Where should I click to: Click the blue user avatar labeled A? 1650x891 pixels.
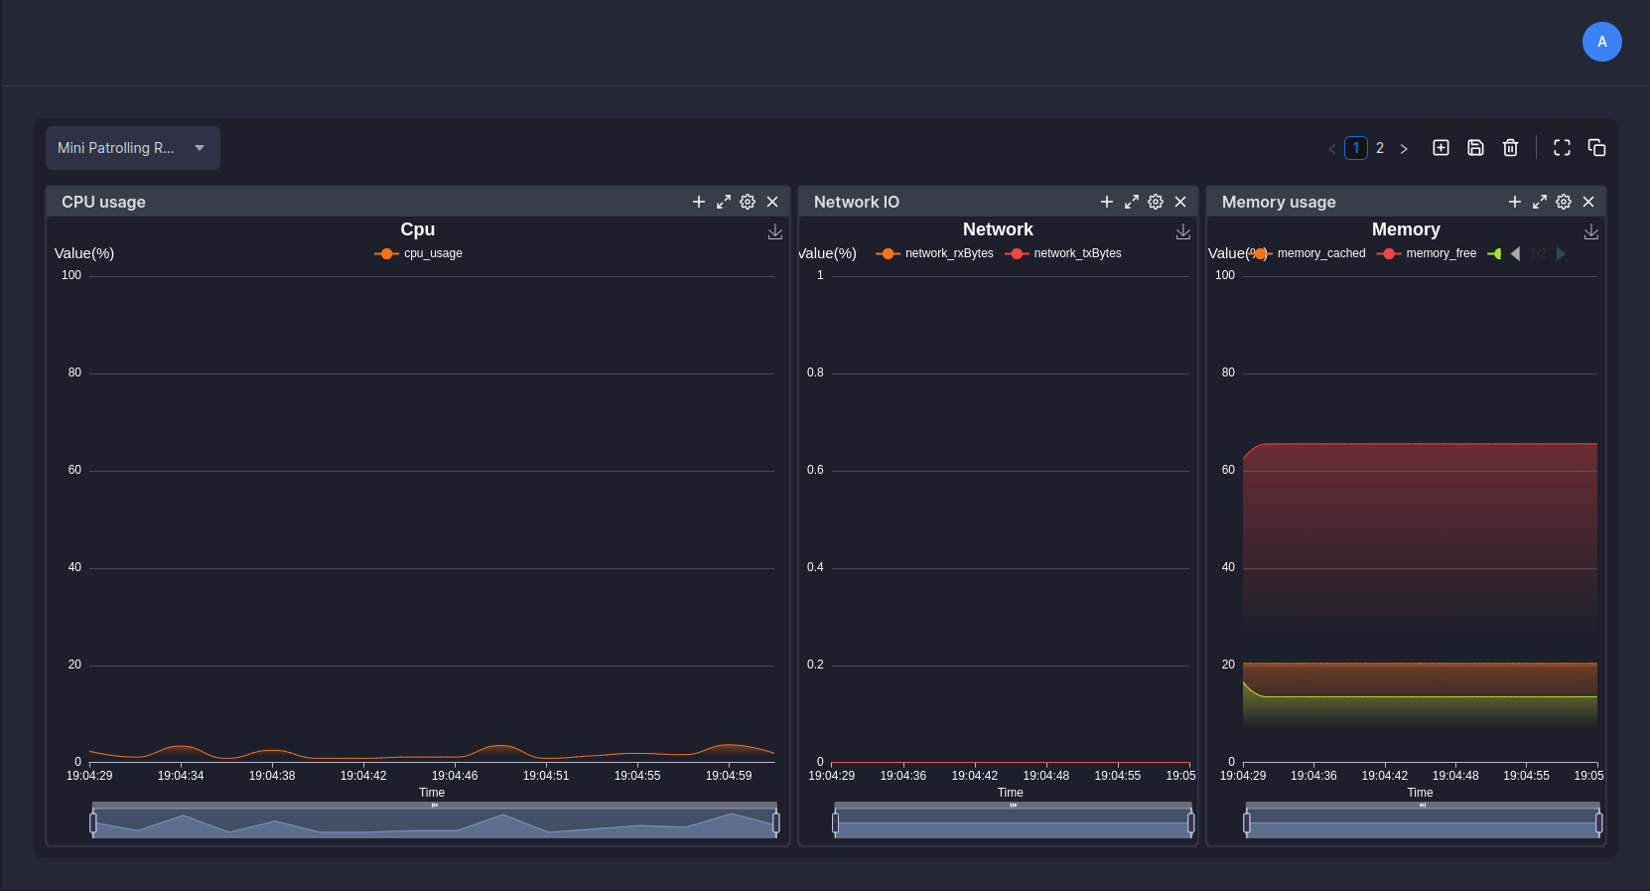pos(1601,42)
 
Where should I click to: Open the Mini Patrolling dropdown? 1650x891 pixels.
pos(132,148)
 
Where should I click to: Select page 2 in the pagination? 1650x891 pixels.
pos(1379,148)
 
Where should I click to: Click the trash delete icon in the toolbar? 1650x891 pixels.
pos(1510,148)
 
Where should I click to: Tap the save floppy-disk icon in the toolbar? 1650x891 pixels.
pos(1475,148)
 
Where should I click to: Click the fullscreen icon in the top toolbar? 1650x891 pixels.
pos(1562,148)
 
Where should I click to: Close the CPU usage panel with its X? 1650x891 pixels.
pos(772,202)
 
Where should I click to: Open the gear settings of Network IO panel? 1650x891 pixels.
pos(1156,202)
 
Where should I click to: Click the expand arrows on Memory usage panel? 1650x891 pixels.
pos(1539,202)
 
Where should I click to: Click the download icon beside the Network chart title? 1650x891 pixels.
pos(1182,231)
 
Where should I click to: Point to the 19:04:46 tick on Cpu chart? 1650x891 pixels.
pos(455,775)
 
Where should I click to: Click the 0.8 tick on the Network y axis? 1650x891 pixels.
pos(815,372)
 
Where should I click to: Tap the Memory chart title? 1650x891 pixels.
pos(1405,229)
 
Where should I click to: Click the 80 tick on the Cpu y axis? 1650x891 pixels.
pos(74,372)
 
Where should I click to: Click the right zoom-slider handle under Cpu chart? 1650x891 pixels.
pos(775,822)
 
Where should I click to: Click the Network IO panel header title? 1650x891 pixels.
pos(856,202)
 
